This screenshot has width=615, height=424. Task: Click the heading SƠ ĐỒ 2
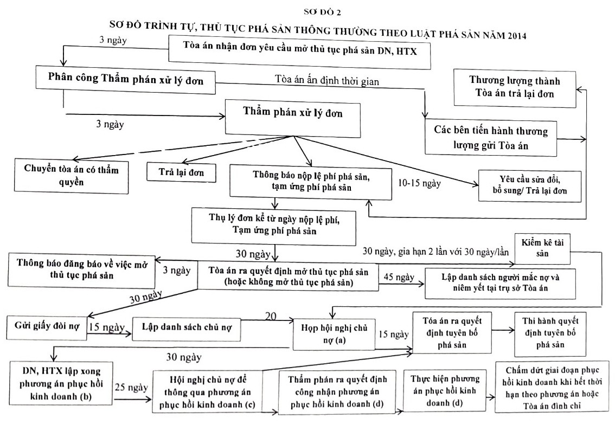(322, 12)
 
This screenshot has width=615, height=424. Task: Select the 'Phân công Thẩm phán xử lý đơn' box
(125, 80)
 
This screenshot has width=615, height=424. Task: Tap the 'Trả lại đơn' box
(181, 172)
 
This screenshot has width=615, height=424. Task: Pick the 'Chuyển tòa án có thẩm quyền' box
(72, 176)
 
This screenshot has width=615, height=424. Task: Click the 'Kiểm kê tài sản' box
(542, 248)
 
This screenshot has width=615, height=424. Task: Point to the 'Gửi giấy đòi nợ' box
(47, 327)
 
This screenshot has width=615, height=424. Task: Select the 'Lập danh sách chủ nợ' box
(187, 328)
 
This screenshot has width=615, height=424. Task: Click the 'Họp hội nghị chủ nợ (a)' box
(334, 333)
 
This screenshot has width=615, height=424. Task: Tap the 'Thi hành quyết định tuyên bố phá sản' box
(550, 333)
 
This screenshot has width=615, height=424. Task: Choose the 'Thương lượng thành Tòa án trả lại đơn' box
(515, 88)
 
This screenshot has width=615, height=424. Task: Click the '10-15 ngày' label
(419, 183)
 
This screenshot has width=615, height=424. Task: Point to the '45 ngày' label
(399, 277)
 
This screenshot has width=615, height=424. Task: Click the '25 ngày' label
(131, 388)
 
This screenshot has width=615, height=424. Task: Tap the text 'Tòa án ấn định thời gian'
(326, 80)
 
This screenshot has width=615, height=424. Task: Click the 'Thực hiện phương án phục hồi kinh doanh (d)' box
(444, 391)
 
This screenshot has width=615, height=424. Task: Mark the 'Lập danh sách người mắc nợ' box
(500, 283)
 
